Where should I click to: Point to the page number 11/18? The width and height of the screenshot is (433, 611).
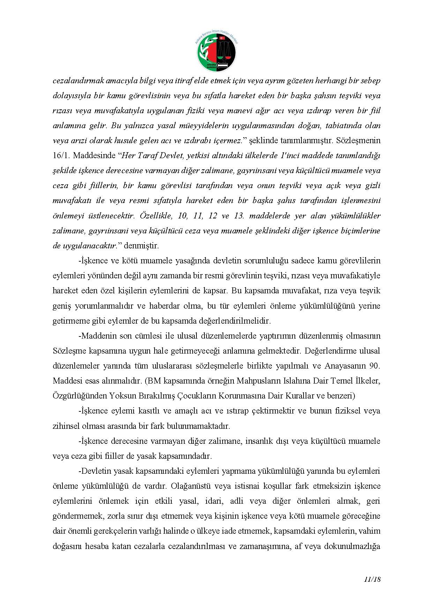[x=372, y=580]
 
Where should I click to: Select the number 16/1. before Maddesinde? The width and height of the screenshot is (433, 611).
[x=61, y=156]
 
